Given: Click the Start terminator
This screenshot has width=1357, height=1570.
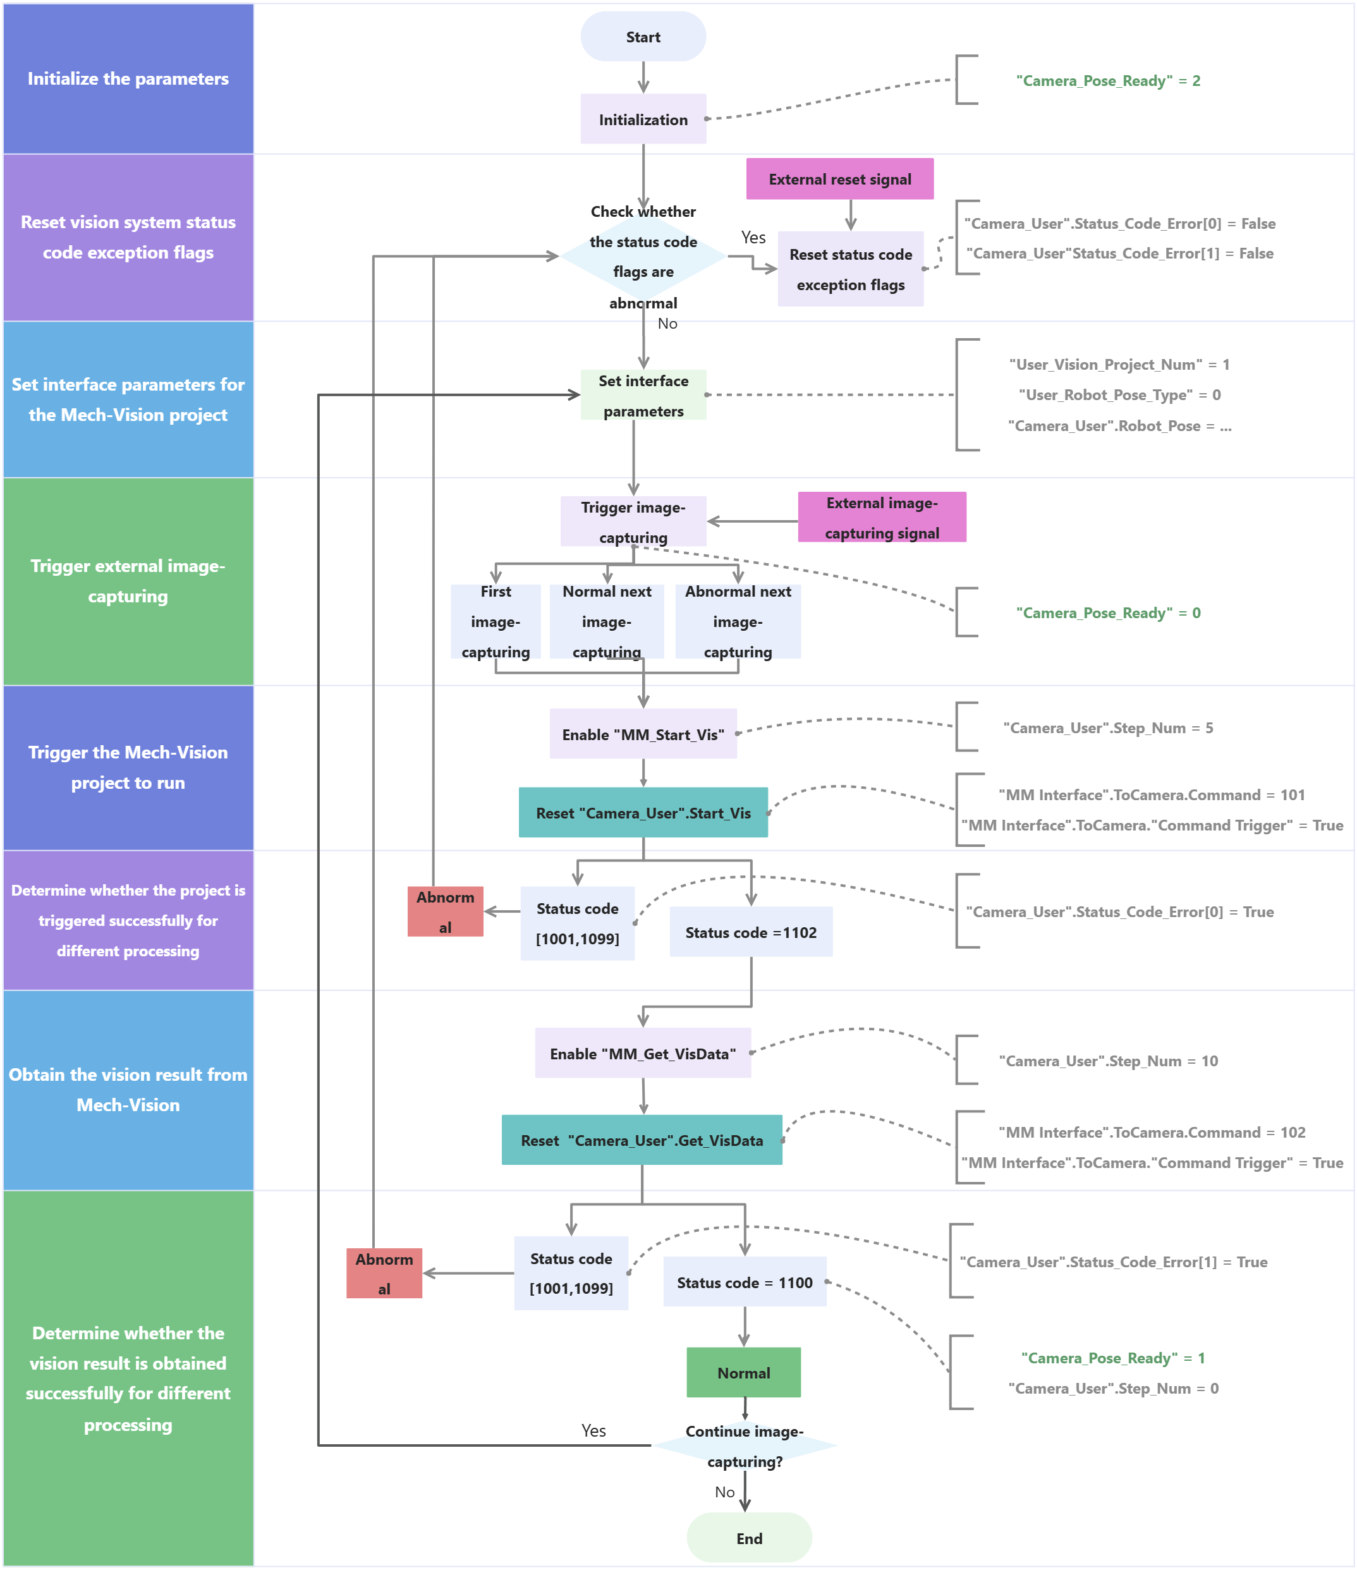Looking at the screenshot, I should [643, 37].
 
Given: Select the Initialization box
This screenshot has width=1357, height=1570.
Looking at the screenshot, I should [643, 119].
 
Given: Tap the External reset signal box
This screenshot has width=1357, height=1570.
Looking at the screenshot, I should [839, 179].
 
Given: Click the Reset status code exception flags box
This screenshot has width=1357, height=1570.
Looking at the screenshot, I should [850, 269].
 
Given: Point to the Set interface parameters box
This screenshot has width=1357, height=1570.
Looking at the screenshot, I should [643, 395].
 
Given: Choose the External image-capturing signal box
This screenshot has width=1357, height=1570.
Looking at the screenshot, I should [881, 518].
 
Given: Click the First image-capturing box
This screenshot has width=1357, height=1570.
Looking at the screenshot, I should [496, 621].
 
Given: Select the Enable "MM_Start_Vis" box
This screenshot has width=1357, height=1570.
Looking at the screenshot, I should [643, 733].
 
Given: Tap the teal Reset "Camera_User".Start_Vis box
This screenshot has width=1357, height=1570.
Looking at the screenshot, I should [643, 812].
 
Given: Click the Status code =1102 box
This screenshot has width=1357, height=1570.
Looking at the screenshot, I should [750, 932].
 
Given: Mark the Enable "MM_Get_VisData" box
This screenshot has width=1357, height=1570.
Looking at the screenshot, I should [643, 1052].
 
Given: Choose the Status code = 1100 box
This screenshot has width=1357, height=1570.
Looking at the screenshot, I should [744, 1281].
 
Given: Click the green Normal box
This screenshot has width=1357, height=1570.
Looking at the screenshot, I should [743, 1372].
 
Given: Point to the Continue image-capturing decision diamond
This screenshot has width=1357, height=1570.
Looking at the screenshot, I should [744, 1445].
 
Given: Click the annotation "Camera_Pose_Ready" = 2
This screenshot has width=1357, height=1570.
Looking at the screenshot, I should [1108, 80].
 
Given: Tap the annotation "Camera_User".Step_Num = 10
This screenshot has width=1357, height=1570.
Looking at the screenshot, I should [1108, 1060].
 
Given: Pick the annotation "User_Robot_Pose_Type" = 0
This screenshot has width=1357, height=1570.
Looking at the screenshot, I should [1119, 395].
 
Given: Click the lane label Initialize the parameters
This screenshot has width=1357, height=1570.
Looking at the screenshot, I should [128, 79].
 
